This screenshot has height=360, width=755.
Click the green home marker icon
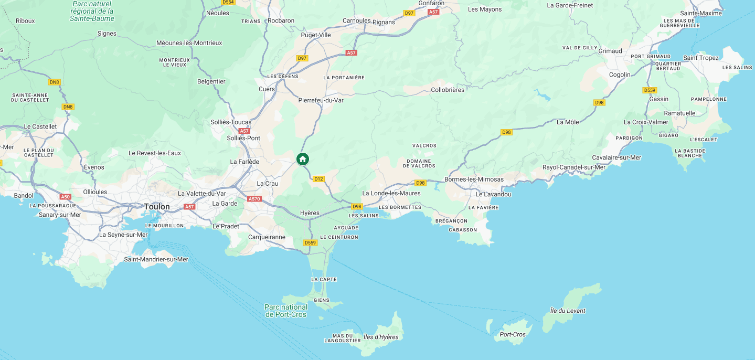point(302,159)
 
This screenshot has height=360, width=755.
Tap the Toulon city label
point(157,207)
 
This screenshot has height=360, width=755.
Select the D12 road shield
point(318,179)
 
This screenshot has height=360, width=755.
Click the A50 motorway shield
point(65,197)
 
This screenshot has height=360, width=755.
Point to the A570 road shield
point(254,199)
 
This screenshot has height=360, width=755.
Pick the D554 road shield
point(228,2)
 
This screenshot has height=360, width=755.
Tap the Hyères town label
point(310,213)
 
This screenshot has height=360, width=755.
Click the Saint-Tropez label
point(700,58)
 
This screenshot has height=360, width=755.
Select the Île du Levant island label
point(567,311)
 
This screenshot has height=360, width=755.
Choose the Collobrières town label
point(448,90)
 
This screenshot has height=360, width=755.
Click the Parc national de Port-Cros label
point(286,311)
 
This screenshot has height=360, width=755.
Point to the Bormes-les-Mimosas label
point(474,179)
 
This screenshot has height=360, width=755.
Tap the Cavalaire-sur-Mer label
point(616,157)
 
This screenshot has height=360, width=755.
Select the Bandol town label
point(24,196)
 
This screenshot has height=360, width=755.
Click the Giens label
point(321,300)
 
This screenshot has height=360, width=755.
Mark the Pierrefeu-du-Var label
point(321,100)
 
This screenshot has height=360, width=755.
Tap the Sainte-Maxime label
point(701,13)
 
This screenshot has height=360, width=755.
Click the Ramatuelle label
point(679,113)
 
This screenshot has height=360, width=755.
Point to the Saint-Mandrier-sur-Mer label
point(156,259)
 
